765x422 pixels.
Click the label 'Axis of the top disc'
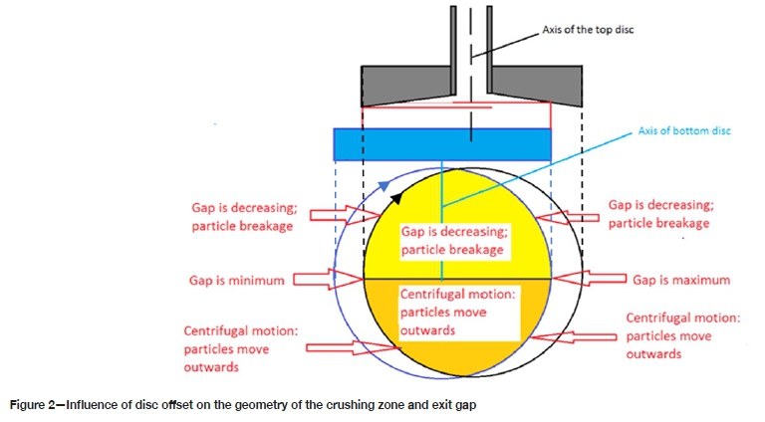tap(587, 30)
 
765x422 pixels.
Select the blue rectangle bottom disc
tap(443, 143)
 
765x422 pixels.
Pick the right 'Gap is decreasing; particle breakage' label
tap(658, 215)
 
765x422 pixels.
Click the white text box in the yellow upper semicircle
tap(453, 240)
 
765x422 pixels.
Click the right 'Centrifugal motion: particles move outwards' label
tap(682, 335)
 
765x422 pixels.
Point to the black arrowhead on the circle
tap(395, 196)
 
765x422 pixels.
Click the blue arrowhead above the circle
tap(382, 186)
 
